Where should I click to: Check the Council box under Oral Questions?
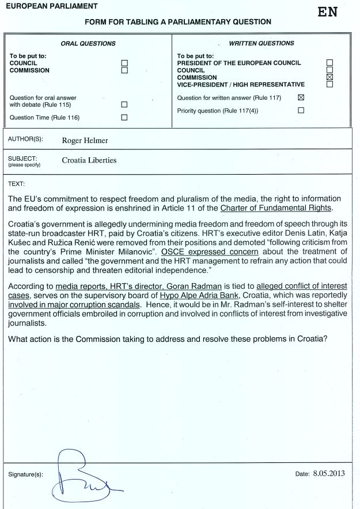click(124, 63)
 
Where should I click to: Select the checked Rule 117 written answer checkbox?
click(301, 98)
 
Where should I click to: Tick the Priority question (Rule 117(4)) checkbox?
click(301, 111)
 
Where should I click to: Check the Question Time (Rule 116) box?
click(124, 118)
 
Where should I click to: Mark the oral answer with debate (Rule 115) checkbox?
click(124, 105)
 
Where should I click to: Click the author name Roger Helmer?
click(85, 139)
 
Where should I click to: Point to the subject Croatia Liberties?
click(89, 160)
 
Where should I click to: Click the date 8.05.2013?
click(328, 473)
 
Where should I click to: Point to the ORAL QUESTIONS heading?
click(88, 43)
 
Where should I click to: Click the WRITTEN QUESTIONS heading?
click(262, 43)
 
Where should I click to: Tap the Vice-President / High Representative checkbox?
click(329, 84)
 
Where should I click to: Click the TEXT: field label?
click(17, 184)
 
